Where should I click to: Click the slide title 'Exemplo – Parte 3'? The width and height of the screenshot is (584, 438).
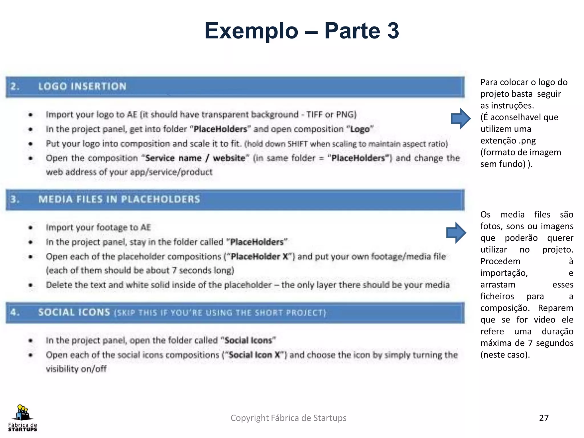pos(302,31)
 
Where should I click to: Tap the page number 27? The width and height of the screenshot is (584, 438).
pos(544,418)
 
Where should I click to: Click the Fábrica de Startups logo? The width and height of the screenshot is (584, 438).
pos(23,418)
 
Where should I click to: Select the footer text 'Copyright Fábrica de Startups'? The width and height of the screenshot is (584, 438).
pos(288,418)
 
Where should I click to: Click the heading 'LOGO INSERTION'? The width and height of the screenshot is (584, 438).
pos(82,86)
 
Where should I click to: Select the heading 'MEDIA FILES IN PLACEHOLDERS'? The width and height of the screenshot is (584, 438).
pos(119,199)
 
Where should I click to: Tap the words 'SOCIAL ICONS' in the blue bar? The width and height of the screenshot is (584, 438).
pos(74,312)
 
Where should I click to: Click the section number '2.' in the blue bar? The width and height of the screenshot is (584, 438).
pos(15,86)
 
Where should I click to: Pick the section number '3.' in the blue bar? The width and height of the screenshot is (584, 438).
pos(15,199)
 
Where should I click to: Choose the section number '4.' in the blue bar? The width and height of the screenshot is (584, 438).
pos(15,312)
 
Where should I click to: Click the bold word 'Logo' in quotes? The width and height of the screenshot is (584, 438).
pos(360,129)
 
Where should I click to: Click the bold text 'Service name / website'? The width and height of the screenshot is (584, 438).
pos(195,158)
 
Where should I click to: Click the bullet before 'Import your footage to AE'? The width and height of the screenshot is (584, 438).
pos(31,228)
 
